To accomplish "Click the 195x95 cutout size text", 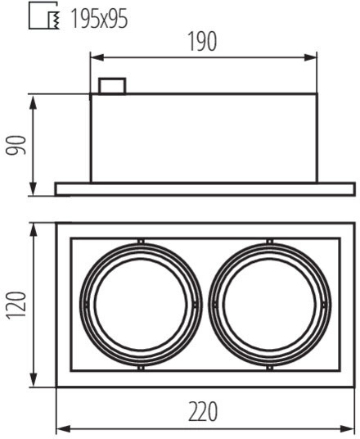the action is click(x=100, y=19).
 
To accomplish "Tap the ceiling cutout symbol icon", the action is click(x=44, y=16).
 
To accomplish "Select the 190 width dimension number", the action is click(x=203, y=41).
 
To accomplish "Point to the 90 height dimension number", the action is click(x=16, y=145).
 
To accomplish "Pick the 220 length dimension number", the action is click(x=203, y=411).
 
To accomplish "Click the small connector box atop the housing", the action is click(x=112, y=86).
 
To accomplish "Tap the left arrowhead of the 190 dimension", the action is click(x=97, y=57).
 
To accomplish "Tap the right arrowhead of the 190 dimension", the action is click(x=310, y=57).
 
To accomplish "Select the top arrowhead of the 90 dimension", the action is click(x=33, y=102).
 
